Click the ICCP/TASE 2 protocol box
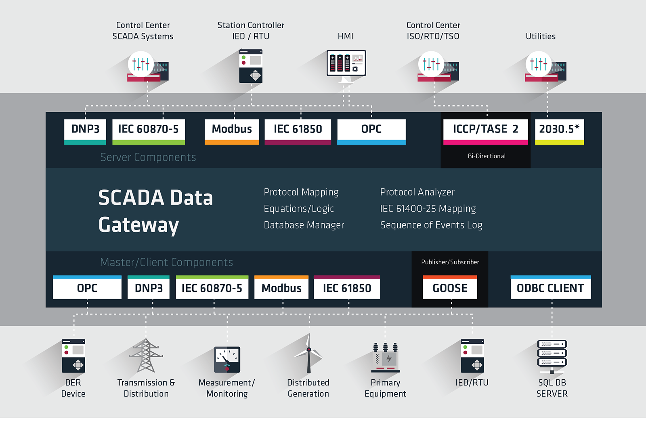(485, 130)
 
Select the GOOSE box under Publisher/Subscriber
(450, 288)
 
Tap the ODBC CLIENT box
(550, 288)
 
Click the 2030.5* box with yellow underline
(559, 130)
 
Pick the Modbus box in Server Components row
(232, 130)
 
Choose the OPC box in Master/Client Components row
(87, 288)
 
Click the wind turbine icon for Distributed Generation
(309, 354)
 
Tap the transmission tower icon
(146, 356)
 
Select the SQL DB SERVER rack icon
(552, 356)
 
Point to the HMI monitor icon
(346, 64)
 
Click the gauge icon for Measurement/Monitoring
(227, 359)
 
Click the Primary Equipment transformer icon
(386, 358)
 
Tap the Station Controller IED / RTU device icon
(251, 66)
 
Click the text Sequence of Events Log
(431, 225)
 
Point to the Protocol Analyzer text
(417, 192)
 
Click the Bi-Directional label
(487, 156)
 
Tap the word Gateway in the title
(138, 225)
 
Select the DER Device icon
(73, 356)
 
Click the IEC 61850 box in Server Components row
(298, 130)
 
